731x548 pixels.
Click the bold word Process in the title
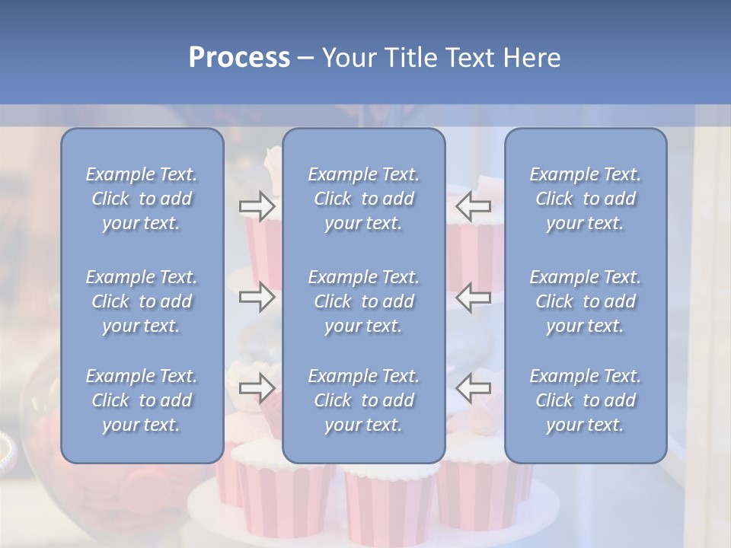[x=239, y=58]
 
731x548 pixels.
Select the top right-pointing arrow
[x=257, y=206]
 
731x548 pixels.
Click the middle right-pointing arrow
[x=257, y=298]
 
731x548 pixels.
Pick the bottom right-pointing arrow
[x=257, y=388]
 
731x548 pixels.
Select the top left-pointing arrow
[x=474, y=206]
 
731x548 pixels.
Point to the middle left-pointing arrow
[x=474, y=298]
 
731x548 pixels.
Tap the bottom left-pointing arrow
[x=474, y=388]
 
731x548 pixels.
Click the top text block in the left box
[x=142, y=199]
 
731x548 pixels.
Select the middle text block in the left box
[x=142, y=301]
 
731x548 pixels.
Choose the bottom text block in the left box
[x=142, y=400]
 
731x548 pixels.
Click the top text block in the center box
[x=363, y=199]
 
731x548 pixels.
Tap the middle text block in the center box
[x=363, y=301]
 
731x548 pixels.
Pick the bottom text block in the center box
[x=363, y=400]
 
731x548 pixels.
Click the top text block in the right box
[x=585, y=199]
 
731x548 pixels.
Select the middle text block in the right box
[x=585, y=301]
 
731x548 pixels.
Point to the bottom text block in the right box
[x=585, y=400]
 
